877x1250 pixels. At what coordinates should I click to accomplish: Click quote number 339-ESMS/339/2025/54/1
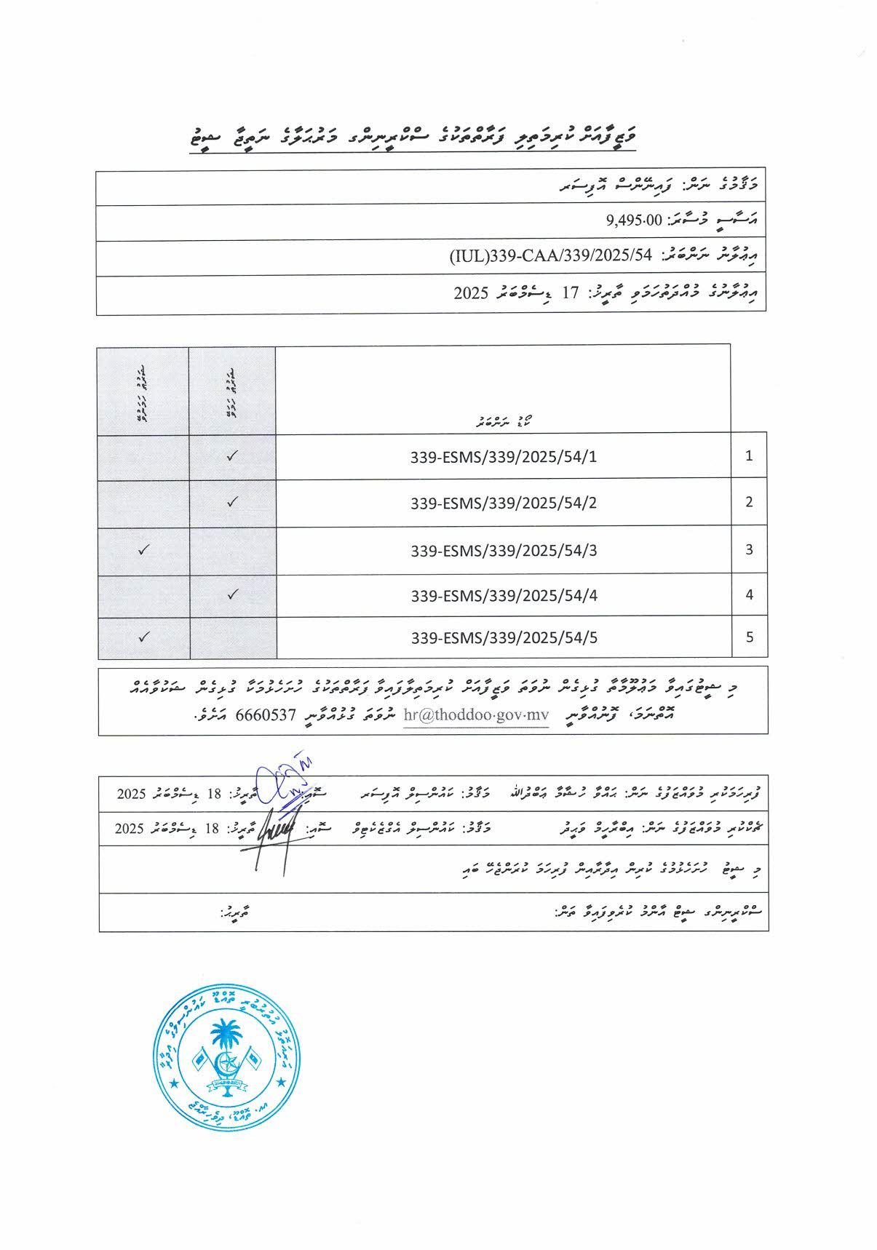pyautogui.click(x=504, y=457)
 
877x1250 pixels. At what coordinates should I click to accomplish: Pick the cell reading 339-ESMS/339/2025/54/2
pyautogui.click(x=504, y=503)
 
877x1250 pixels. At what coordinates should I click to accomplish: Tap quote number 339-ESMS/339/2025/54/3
pyautogui.click(x=504, y=550)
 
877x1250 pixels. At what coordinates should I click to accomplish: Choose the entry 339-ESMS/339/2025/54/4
pyautogui.click(x=504, y=595)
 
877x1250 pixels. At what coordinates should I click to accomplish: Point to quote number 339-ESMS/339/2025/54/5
pyautogui.click(x=504, y=637)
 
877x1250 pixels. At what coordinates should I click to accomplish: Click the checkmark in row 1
pyautogui.click(x=232, y=456)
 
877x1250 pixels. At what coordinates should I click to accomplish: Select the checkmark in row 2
pyautogui.click(x=232, y=501)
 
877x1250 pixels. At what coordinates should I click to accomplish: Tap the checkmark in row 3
pyautogui.click(x=143, y=549)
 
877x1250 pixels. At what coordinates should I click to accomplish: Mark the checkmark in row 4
pyautogui.click(x=232, y=594)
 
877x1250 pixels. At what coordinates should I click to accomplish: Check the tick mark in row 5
pyautogui.click(x=143, y=637)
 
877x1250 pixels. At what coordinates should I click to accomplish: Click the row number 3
pyautogui.click(x=749, y=549)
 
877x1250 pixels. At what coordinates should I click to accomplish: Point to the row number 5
pyautogui.click(x=749, y=637)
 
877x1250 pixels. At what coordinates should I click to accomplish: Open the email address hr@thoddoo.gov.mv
pyautogui.click(x=475, y=714)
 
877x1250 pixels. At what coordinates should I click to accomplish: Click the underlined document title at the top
pyautogui.click(x=410, y=136)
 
